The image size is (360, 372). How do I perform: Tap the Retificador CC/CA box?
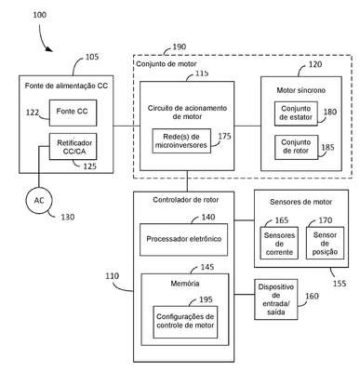[73, 147]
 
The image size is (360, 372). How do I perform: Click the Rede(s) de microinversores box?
[181, 140]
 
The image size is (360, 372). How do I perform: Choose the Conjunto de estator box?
[296, 113]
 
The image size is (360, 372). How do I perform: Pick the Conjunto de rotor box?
[296, 147]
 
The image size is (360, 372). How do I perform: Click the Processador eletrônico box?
[183, 239]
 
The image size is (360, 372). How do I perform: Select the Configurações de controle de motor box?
[185, 322]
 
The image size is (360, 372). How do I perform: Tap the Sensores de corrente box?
[279, 243]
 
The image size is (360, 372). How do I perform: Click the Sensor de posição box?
[325, 243]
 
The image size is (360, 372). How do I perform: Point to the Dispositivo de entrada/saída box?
[276, 299]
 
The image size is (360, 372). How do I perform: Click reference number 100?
[40, 15]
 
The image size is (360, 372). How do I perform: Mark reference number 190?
[180, 46]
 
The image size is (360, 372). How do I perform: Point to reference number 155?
[340, 283]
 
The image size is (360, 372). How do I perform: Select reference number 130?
[67, 217]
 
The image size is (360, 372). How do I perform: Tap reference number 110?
[112, 275]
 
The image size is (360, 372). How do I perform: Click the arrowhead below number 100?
[49, 49]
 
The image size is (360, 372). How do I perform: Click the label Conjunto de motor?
[167, 64]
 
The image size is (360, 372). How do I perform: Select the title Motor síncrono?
[301, 90]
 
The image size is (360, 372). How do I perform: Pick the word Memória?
[185, 284]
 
